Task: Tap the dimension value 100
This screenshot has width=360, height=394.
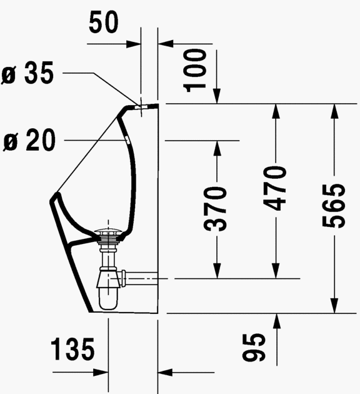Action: pyautogui.click(x=196, y=68)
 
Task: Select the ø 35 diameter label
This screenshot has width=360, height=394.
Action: pyautogui.click(x=28, y=74)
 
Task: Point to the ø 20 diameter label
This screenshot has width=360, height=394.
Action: pyautogui.click(x=28, y=141)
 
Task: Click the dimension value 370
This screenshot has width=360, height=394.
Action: pyautogui.click(x=217, y=208)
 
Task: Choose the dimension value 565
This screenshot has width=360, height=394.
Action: pyautogui.click(x=334, y=206)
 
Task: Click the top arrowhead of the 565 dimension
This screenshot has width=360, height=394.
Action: pyautogui.click(x=334, y=109)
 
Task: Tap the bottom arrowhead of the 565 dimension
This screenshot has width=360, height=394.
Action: pyautogui.click(x=334, y=306)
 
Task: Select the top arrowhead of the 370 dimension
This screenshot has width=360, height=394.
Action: pyautogui.click(x=217, y=146)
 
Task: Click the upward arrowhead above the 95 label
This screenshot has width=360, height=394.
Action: pyautogui.click(x=276, y=318)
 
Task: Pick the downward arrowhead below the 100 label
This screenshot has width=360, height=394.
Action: pyautogui.click(x=217, y=96)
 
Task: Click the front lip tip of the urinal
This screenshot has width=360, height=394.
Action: pyautogui.click(x=53, y=199)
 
